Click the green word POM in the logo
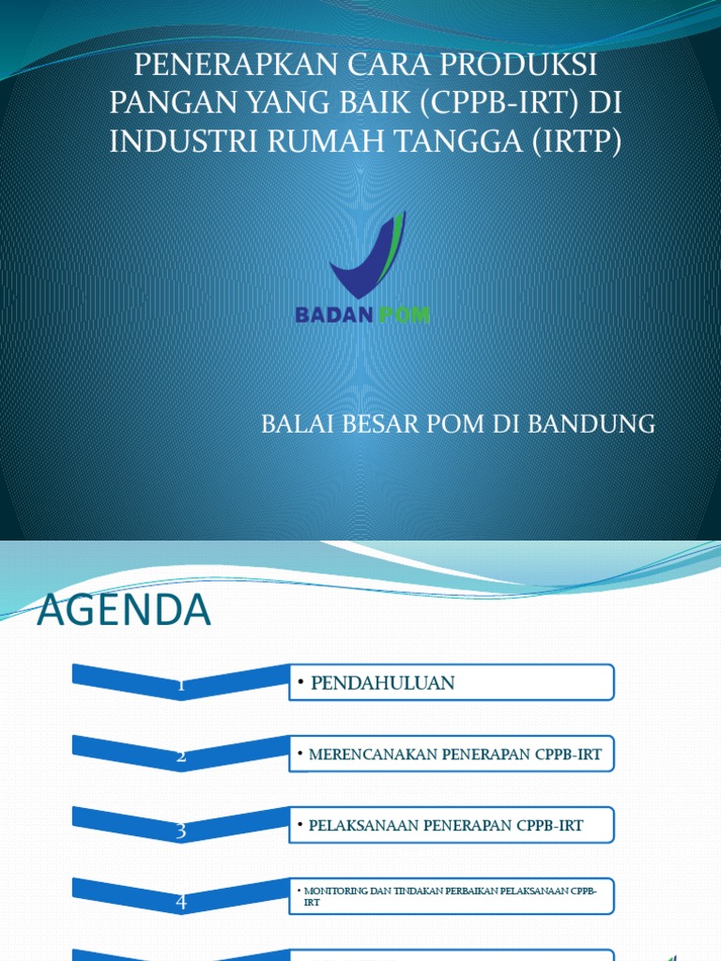click(x=405, y=315)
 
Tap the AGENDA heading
click(x=124, y=612)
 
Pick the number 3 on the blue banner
click(x=180, y=831)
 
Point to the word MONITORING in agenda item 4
click(x=331, y=889)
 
